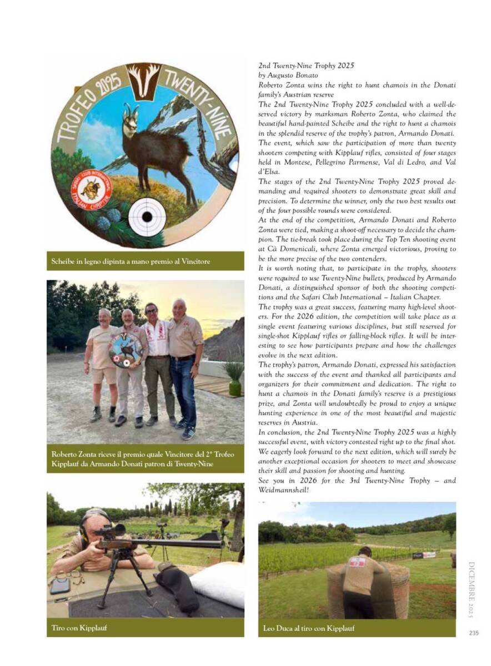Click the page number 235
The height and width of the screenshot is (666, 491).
(473, 633)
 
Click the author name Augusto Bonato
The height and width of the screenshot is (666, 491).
(299, 75)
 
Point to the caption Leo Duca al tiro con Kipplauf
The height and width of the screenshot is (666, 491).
(309, 628)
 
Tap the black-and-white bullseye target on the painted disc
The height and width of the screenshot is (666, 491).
(146, 217)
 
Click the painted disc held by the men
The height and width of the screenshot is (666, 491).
(125, 350)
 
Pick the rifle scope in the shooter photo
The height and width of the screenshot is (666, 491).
(109, 531)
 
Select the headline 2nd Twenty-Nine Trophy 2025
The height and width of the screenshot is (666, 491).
(307, 65)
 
